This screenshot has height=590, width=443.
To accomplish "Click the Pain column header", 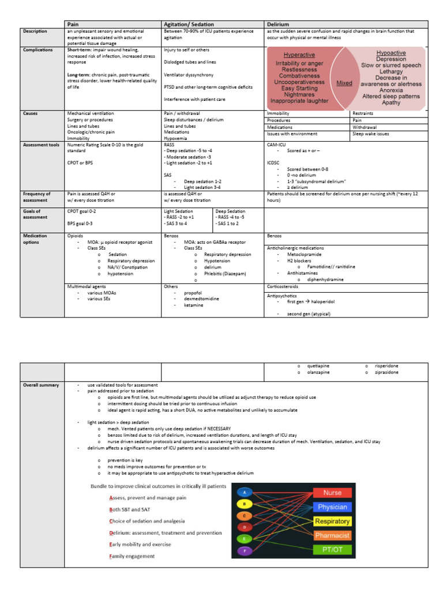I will click(x=74, y=24).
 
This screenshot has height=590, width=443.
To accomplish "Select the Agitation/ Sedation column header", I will click(x=189, y=24).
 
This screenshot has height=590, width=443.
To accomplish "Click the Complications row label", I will click(x=38, y=50).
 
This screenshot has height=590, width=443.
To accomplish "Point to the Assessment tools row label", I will click(x=41, y=145).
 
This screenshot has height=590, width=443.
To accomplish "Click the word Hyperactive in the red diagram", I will click(x=299, y=55).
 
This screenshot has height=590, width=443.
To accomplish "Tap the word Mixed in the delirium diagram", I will click(x=344, y=83).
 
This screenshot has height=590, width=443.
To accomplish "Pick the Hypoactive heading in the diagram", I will click(x=391, y=53).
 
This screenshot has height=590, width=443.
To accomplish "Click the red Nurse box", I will click(x=332, y=493).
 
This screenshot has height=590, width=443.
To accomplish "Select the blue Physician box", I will click(x=332, y=507).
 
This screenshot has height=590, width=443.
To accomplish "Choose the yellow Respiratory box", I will click(x=332, y=521).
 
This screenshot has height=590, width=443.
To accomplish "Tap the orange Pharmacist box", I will click(x=332, y=536).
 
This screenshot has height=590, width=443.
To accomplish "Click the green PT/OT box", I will click(x=332, y=550).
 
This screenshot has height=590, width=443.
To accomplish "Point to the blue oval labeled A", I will click(x=245, y=492).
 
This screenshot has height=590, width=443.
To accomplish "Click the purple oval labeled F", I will click(x=245, y=551).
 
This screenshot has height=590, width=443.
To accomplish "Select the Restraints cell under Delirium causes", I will click(x=362, y=114).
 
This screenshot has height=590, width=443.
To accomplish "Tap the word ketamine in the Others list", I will click(x=193, y=305).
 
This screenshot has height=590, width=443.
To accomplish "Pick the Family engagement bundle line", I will click(x=132, y=556).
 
